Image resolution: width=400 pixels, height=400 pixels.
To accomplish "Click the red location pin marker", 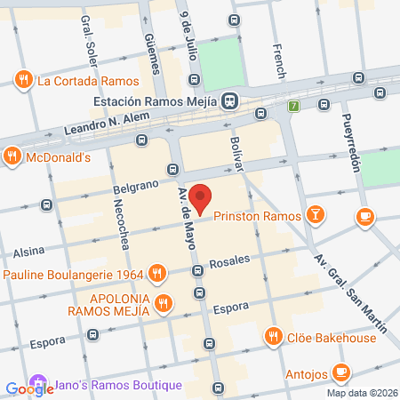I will (202, 198).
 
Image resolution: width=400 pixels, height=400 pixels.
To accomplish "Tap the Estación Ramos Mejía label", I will (156, 101).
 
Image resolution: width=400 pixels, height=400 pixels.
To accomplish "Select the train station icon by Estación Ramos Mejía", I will (230, 101).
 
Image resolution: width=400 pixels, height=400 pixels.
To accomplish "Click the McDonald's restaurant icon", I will (12, 157).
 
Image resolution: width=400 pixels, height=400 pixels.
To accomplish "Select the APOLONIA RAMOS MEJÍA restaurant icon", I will (163, 304).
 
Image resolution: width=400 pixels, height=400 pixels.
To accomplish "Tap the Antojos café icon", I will (340, 372).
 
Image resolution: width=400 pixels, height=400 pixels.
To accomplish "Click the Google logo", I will (29, 388).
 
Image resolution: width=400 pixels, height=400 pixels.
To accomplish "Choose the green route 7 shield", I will (293, 107).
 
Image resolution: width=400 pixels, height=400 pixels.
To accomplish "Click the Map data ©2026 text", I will (362, 393).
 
